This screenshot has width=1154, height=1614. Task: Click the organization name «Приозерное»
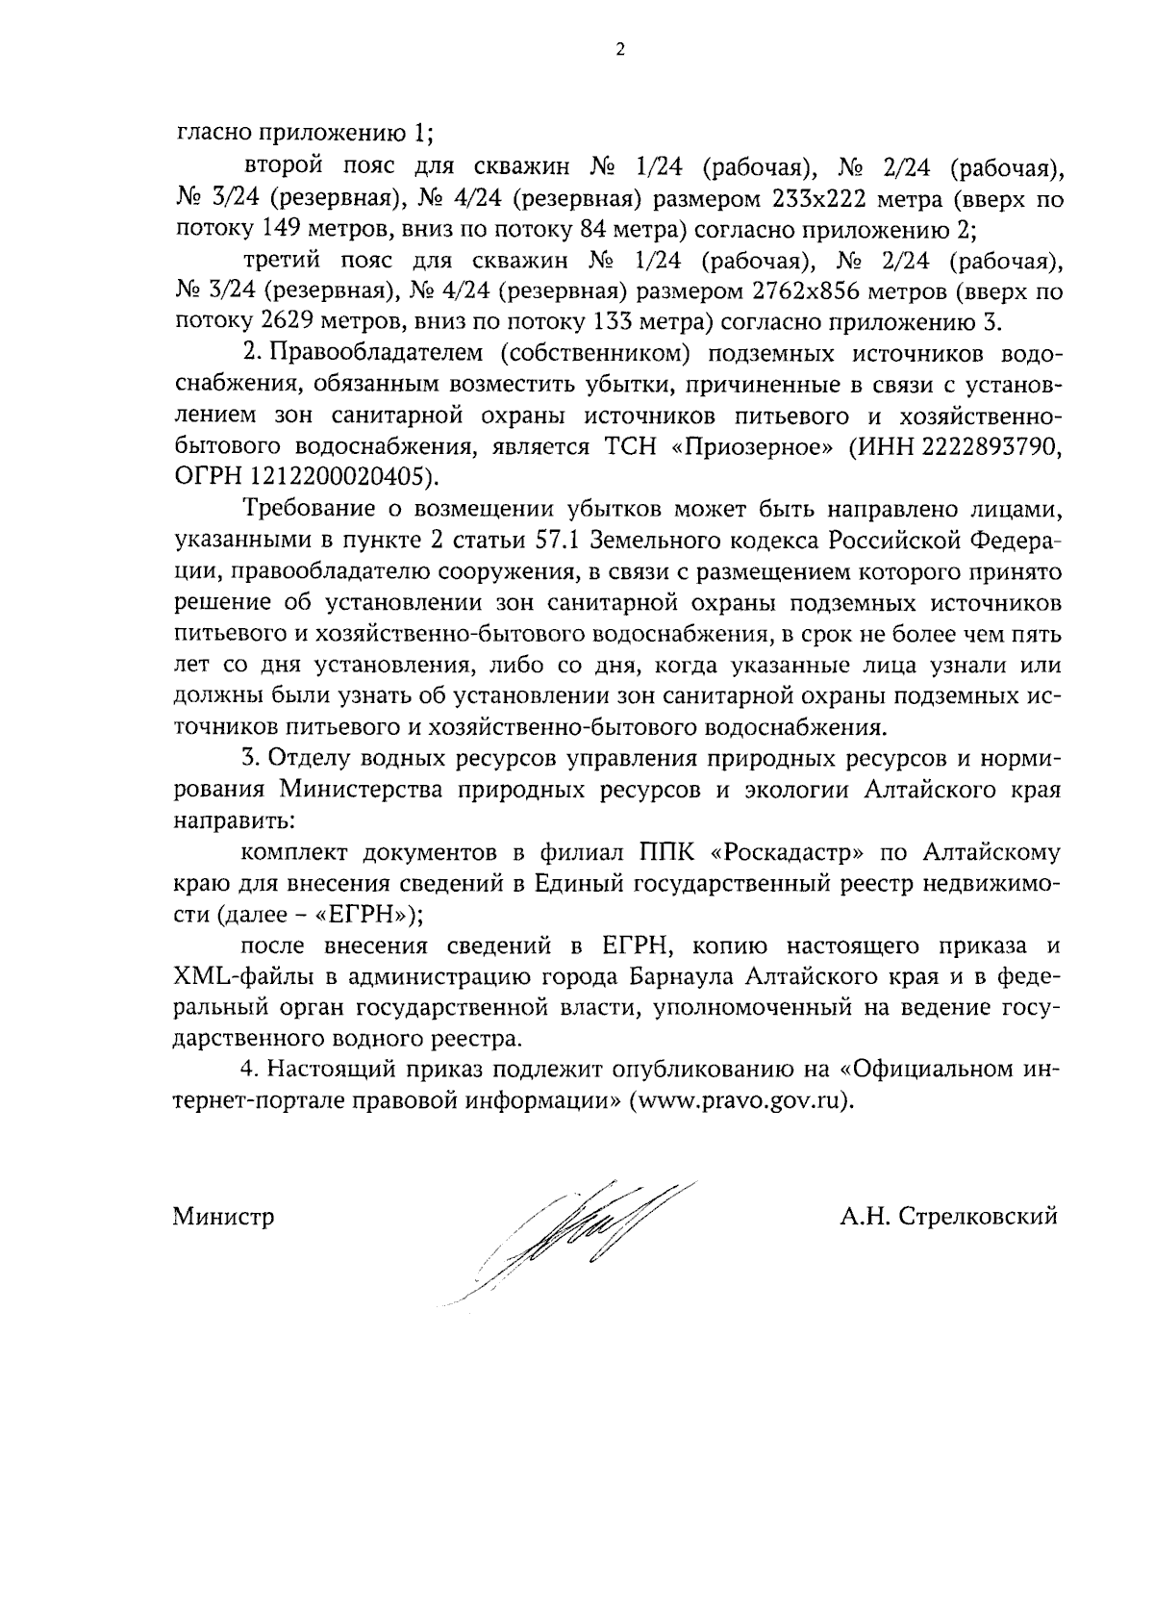[750, 445]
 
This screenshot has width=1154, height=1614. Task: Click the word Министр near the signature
[223, 1217]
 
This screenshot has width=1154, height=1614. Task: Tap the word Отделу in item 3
[304, 758]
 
